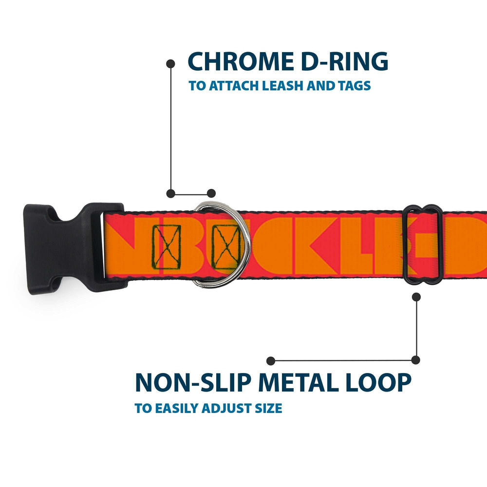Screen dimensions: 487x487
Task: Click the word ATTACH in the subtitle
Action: [x=232, y=86]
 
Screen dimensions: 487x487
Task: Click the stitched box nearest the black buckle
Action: [x=167, y=243]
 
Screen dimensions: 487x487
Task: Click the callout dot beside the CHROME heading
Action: [x=170, y=63]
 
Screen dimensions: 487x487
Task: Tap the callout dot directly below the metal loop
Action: [x=416, y=296]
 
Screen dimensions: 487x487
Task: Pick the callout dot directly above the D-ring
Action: [x=211, y=193]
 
